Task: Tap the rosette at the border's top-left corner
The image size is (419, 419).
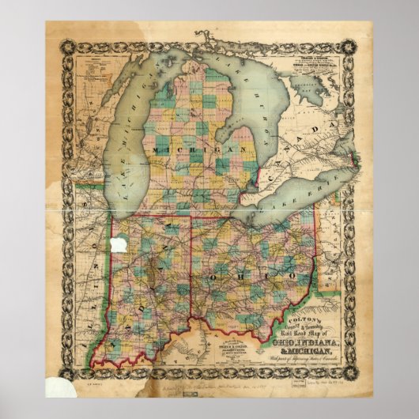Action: coord(52,27)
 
